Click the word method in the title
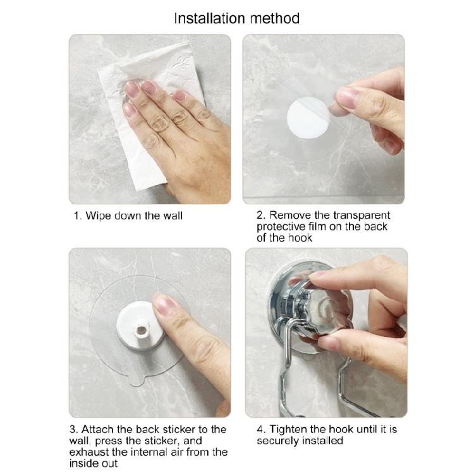point(275,18)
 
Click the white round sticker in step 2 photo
point(307,118)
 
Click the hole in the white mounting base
point(142,329)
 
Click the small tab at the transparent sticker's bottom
point(136,382)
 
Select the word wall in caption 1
point(173,216)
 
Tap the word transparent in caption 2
point(362,216)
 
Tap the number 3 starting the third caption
point(73,429)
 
